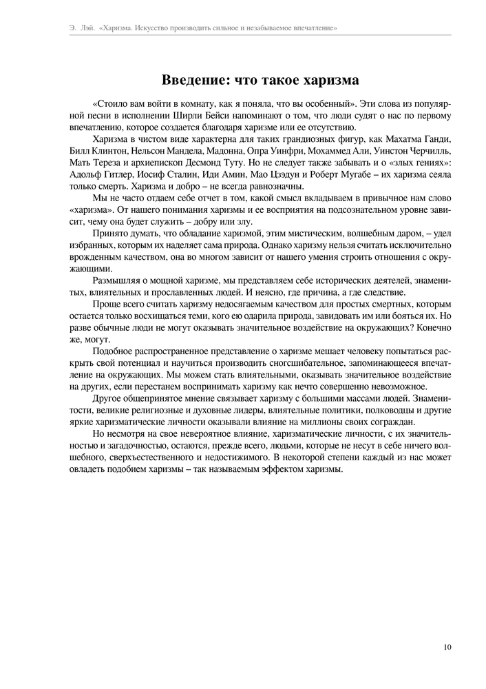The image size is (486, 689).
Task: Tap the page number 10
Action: click(x=447, y=646)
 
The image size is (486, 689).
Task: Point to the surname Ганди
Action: click(x=436, y=140)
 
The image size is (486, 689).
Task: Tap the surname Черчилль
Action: click(x=427, y=152)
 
